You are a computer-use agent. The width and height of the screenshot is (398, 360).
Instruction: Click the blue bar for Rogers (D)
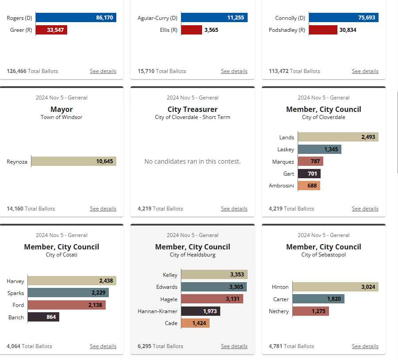[76, 18]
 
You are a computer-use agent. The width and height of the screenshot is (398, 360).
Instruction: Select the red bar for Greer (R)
[51, 30]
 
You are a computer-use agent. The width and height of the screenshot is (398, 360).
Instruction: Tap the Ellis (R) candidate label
[168, 30]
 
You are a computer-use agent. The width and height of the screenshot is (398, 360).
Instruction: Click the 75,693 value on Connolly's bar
[367, 18]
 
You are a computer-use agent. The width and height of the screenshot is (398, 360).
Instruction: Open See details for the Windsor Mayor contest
[103, 209]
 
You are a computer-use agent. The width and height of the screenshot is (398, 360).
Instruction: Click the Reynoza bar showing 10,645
[73, 161]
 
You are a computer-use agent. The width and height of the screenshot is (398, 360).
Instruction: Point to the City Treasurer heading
[192, 109]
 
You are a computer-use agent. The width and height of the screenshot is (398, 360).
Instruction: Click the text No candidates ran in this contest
[192, 161]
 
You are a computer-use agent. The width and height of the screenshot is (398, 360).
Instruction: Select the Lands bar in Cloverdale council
[338, 137]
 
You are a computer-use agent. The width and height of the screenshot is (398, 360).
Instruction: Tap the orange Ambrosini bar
[309, 186]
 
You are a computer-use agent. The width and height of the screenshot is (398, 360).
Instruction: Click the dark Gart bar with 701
[309, 174]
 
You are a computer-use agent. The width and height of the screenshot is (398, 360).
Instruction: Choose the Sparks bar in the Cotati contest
[68, 293]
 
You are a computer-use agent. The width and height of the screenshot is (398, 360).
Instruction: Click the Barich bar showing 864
[43, 317]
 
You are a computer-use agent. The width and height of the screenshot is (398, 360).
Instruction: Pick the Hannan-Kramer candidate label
[157, 311]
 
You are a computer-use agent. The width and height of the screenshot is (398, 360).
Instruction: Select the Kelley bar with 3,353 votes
[214, 275]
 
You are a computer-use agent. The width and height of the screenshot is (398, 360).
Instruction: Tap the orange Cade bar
[195, 323]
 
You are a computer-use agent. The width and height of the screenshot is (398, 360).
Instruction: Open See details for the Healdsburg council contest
[234, 346]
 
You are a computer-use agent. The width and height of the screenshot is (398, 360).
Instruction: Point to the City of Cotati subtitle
[61, 255]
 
